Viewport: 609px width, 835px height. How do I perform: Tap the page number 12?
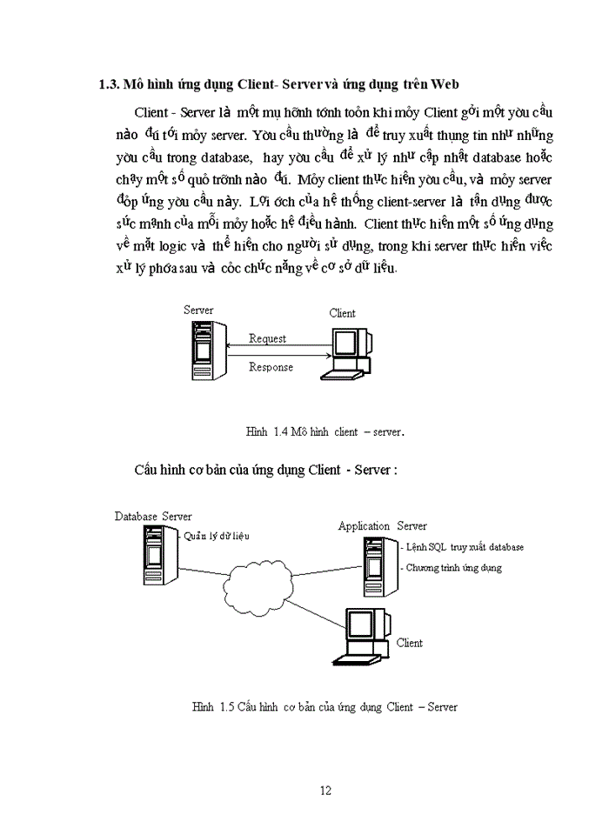point(325,791)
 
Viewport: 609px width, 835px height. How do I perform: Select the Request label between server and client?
point(267,338)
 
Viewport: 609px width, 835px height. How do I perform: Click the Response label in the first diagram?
point(271,367)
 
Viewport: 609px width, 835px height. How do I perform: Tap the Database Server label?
point(153,517)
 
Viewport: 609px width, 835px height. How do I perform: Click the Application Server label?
point(382,526)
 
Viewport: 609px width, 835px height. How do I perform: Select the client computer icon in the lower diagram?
point(360,638)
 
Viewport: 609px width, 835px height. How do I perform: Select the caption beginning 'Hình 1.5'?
point(325,707)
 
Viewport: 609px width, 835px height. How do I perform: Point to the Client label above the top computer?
point(342,313)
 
